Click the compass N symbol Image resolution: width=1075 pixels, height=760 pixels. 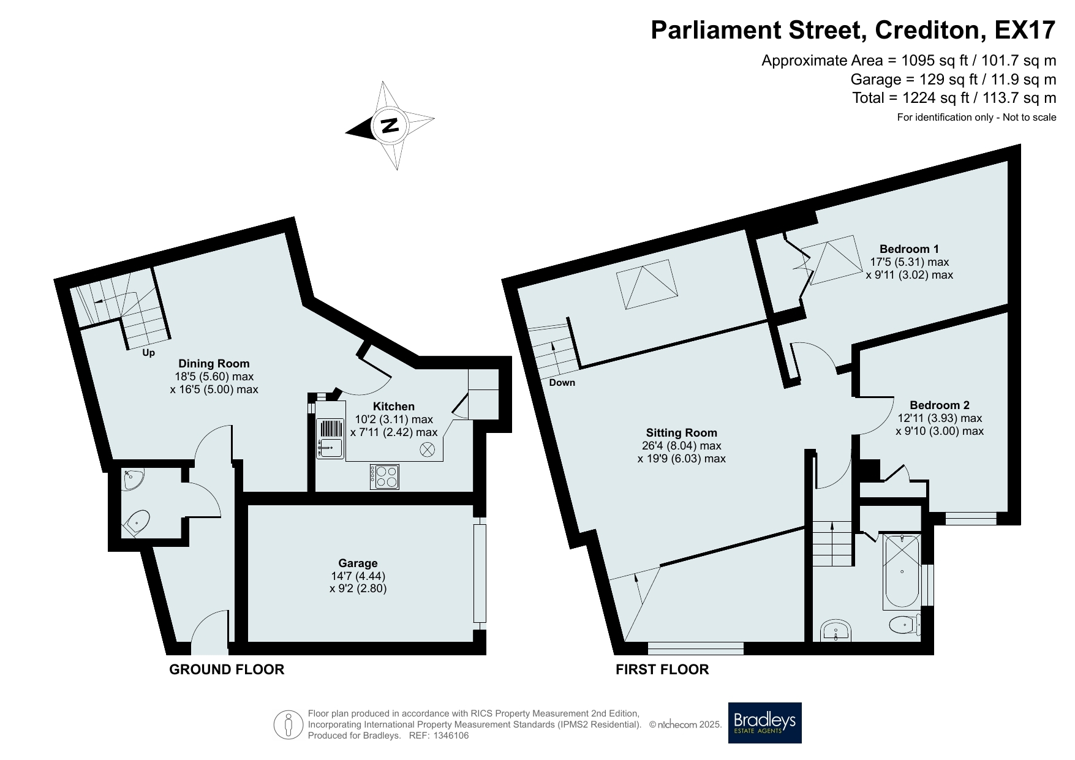[390, 126]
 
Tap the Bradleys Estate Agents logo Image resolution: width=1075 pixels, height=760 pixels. [764, 723]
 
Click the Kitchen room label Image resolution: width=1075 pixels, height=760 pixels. [394, 407]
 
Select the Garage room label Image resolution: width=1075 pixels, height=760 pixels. [358, 563]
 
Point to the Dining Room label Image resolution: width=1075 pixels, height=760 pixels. [214, 364]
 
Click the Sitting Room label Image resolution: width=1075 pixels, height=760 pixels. [682, 433]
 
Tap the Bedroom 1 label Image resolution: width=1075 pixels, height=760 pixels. [909, 249]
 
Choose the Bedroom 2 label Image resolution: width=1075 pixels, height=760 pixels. [940, 405]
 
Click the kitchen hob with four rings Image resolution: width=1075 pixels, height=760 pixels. [385, 476]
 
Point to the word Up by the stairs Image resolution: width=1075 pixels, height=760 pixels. [148, 353]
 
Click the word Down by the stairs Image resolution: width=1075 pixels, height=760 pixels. [562, 383]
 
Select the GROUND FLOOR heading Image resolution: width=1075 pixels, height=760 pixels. [227, 669]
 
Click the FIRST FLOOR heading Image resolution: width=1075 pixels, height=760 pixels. [662, 669]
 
